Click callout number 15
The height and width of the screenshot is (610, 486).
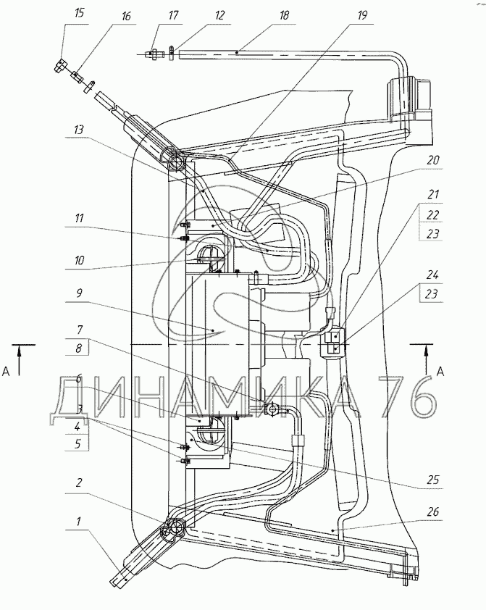point(79,13)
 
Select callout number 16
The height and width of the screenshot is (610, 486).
point(125,16)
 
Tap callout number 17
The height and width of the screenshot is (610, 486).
point(173,15)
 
